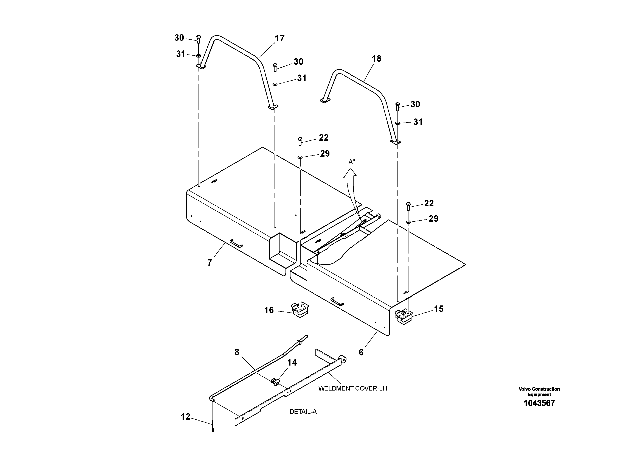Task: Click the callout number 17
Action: [279, 38]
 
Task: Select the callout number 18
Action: [376, 59]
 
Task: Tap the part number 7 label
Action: [210, 263]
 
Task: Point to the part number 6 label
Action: [361, 352]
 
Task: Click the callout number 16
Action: [269, 310]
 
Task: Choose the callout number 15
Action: [439, 309]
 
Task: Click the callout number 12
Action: [185, 417]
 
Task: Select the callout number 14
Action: [292, 363]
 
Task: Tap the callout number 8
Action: [237, 352]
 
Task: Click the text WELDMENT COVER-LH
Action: [353, 388]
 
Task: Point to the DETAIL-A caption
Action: [303, 412]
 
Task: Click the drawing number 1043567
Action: [539, 403]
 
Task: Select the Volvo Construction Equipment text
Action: [539, 392]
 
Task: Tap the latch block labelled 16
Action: [300, 310]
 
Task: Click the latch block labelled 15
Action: [404, 317]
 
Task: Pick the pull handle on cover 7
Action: [236, 243]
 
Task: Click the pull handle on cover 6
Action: [337, 302]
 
